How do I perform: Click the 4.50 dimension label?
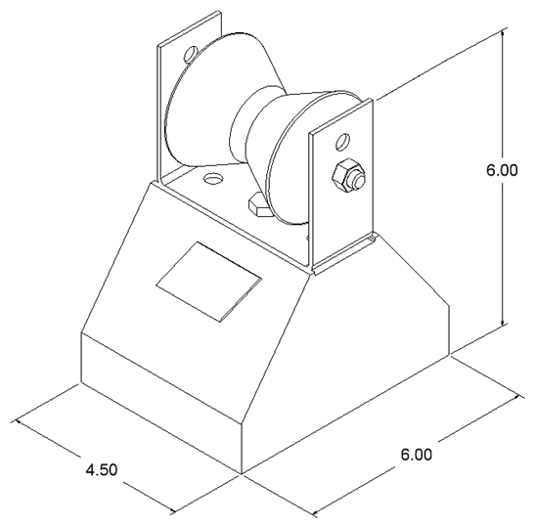click(x=102, y=470)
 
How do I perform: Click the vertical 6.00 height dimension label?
click(x=502, y=170)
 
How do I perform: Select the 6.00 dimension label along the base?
click(x=416, y=455)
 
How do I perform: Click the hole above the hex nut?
click(x=342, y=142)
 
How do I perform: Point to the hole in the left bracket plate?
click(x=190, y=54)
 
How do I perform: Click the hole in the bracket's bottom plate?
click(x=212, y=178)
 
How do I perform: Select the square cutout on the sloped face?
click(x=208, y=282)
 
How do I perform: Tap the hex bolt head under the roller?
click(x=258, y=205)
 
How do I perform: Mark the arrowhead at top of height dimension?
click(x=503, y=33)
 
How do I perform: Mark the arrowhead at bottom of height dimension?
click(x=503, y=321)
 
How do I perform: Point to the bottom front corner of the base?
click(x=242, y=473)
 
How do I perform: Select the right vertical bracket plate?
click(x=341, y=184)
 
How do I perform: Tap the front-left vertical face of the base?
click(x=160, y=404)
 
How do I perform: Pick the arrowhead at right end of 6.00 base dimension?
click(x=518, y=397)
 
